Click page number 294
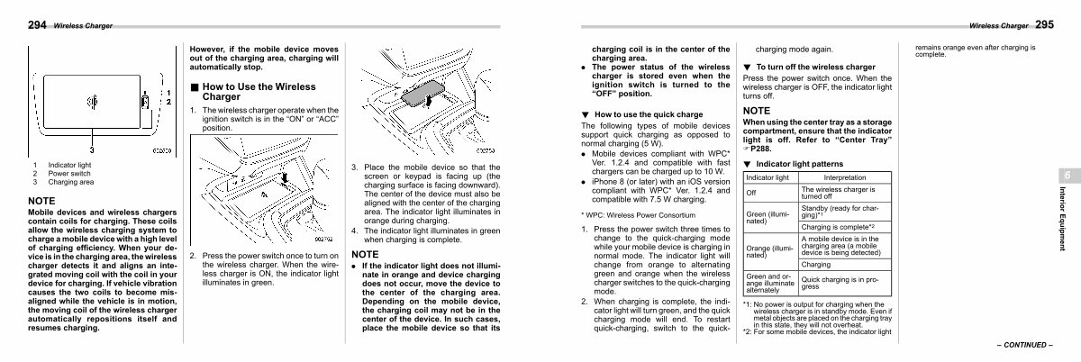click(37, 25)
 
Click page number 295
click(1044, 24)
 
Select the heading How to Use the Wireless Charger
click(259, 92)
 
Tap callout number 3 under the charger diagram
click(92, 150)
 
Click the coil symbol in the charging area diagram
click(92, 102)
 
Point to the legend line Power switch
click(69, 173)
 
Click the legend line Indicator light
click(69, 165)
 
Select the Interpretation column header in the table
click(845, 177)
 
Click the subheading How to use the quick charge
click(648, 114)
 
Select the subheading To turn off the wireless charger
click(815, 68)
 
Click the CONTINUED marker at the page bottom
click(1025, 345)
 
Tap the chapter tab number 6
click(1067, 176)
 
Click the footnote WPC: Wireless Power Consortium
click(638, 215)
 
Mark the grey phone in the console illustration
click(422, 93)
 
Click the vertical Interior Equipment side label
click(1062, 219)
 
